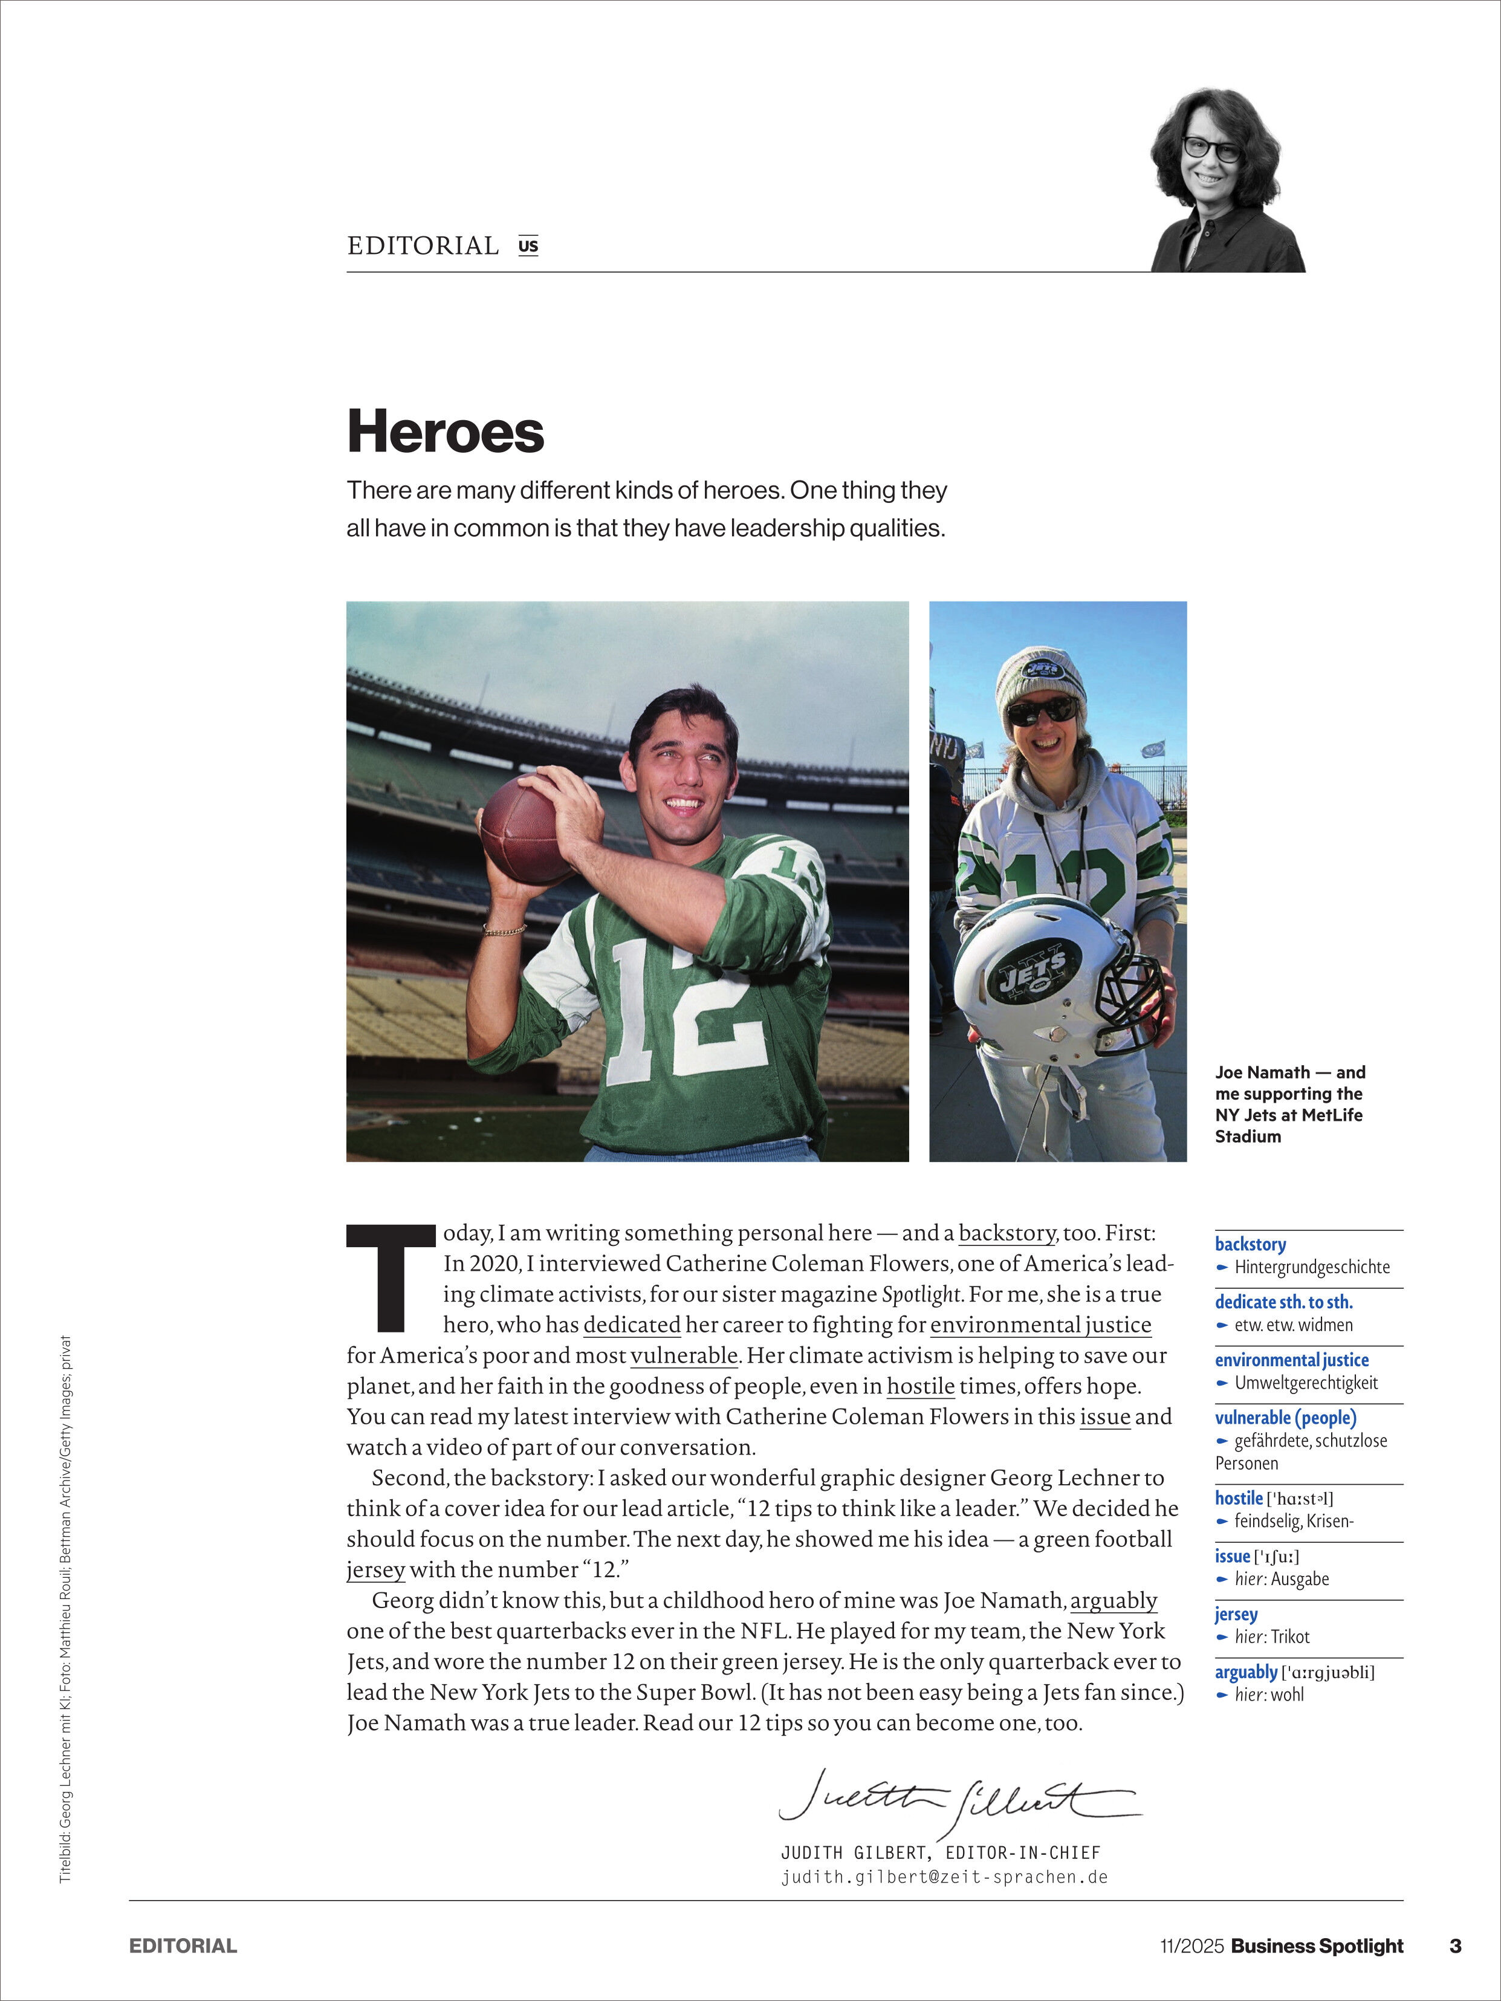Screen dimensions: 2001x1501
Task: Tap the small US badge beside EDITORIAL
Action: click(528, 245)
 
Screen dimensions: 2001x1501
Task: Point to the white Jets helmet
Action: click(1049, 977)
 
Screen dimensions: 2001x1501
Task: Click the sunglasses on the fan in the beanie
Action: click(1042, 710)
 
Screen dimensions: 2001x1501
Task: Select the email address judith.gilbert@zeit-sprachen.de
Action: click(945, 1877)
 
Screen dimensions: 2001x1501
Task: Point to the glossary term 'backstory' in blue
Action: click(1250, 1244)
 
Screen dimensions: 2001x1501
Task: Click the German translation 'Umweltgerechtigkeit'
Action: click(1306, 1382)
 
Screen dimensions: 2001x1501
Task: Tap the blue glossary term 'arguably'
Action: click(1246, 1672)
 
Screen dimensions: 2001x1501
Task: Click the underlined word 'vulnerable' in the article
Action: click(684, 1355)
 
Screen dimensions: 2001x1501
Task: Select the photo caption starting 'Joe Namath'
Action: click(1289, 1104)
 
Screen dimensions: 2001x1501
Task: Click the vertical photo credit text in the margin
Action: click(65, 1610)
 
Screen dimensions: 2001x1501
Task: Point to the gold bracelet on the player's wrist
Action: click(505, 929)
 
